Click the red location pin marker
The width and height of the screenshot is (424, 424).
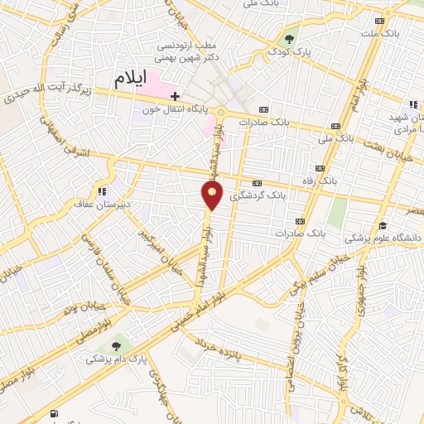pyautogui.click(x=213, y=195)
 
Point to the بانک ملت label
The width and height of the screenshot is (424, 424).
pyautogui.click(x=379, y=34)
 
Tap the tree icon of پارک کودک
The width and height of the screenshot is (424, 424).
pyautogui.click(x=289, y=38)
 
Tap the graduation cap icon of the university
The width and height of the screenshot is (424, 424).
pyautogui.click(x=383, y=225)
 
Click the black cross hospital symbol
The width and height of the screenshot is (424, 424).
pyautogui.click(x=176, y=96)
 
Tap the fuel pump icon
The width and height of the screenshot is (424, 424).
pyautogui.click(x=54, y=412)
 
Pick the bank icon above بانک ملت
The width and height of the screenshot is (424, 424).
pyautogui.click(x=379, y=21)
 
